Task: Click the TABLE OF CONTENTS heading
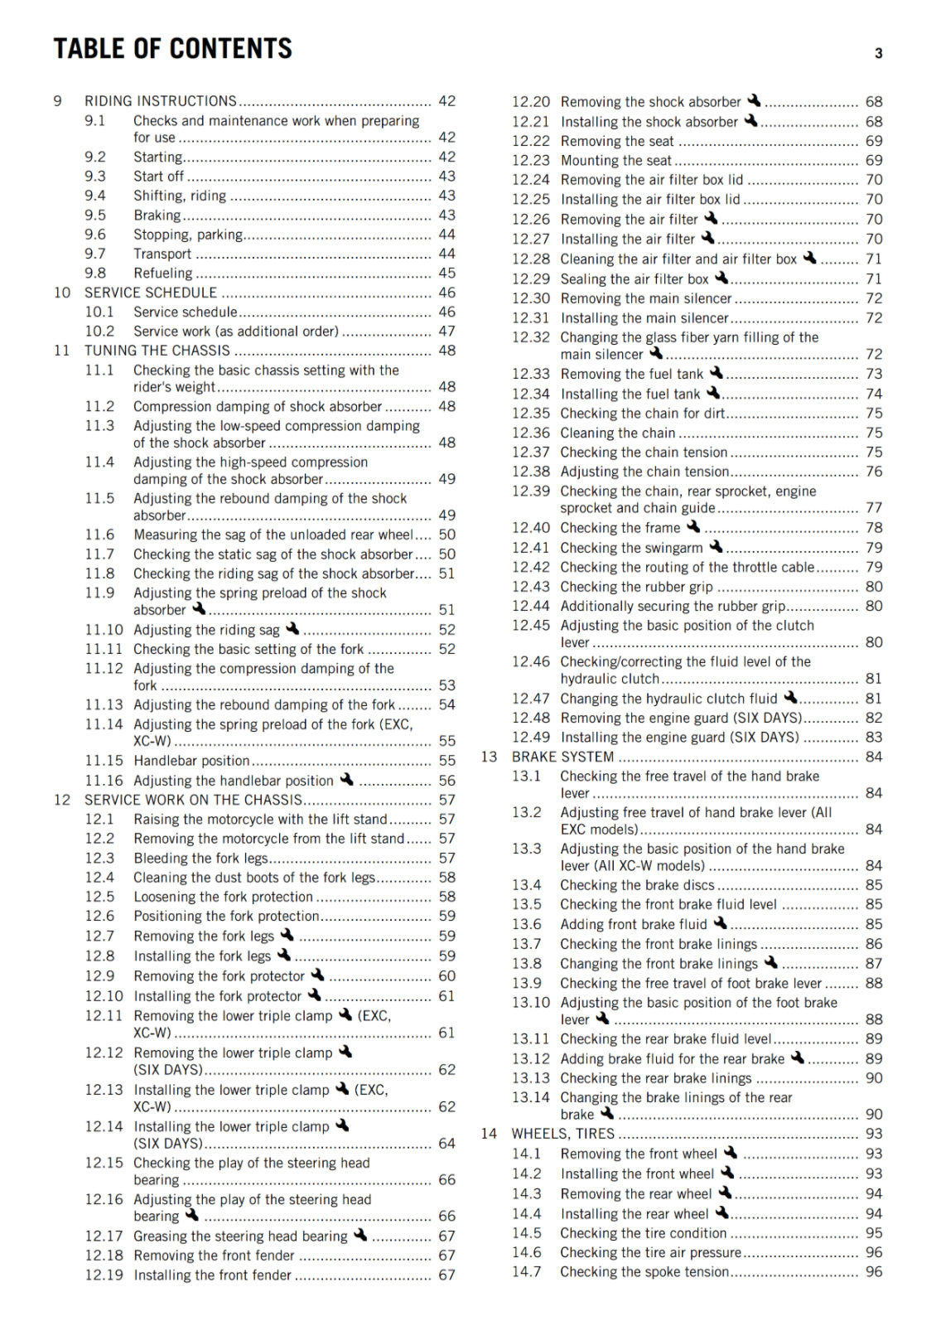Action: pyautogui.click(x=172, y=49)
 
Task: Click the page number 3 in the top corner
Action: pyautogui.click(x=878, y=54)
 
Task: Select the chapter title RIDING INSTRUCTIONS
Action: pyautogui.click(x=161, y=101)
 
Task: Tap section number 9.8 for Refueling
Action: pyautogui.click(x=95, y=273)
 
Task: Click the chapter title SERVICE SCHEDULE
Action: pyautogui.click(x=151, y=293)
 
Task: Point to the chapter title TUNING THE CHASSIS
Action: pyautogui.click(x=157, y=351)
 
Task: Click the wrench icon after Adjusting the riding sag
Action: pyautogui.click(x=292, y=629)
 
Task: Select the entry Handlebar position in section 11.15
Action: pyautogui.click(x=191, y=760)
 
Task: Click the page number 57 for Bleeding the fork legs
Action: pyautogui.click(x=446, y=858)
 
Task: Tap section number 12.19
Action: pyautogui.click(x=104, y=1275)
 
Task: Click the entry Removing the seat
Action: pyautogui.click(x=617, y=141)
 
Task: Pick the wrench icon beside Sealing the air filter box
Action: pyautogui.click(x=721, y=278)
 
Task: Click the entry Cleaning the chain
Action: pyautogui.click(x=618, y=433)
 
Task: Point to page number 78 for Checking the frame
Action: pyautogui.click(x=874, y=527)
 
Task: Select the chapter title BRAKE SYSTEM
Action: pyautogui.click(x=562, y=757)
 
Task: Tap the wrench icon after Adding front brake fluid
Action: pyautogui.click(x=720, y=922)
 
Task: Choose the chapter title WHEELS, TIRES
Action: pyautogui.click(x=563, y=1134)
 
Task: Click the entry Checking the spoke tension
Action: pyautogui.click(x=644, y=1271)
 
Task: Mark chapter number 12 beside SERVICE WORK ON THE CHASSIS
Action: pyautogui.click(x=62, y=800)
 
